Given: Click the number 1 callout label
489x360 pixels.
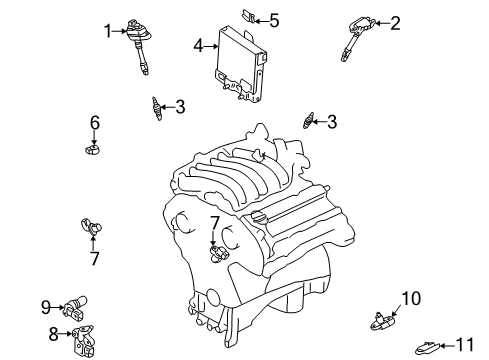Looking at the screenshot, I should coord(108,32).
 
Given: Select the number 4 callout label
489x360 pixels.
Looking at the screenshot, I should coord(199,45).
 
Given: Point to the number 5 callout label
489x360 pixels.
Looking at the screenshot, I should coord(274,18).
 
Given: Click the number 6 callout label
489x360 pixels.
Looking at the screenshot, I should coord(95,123).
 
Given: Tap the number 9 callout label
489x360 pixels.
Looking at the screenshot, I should coord(46,306).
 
